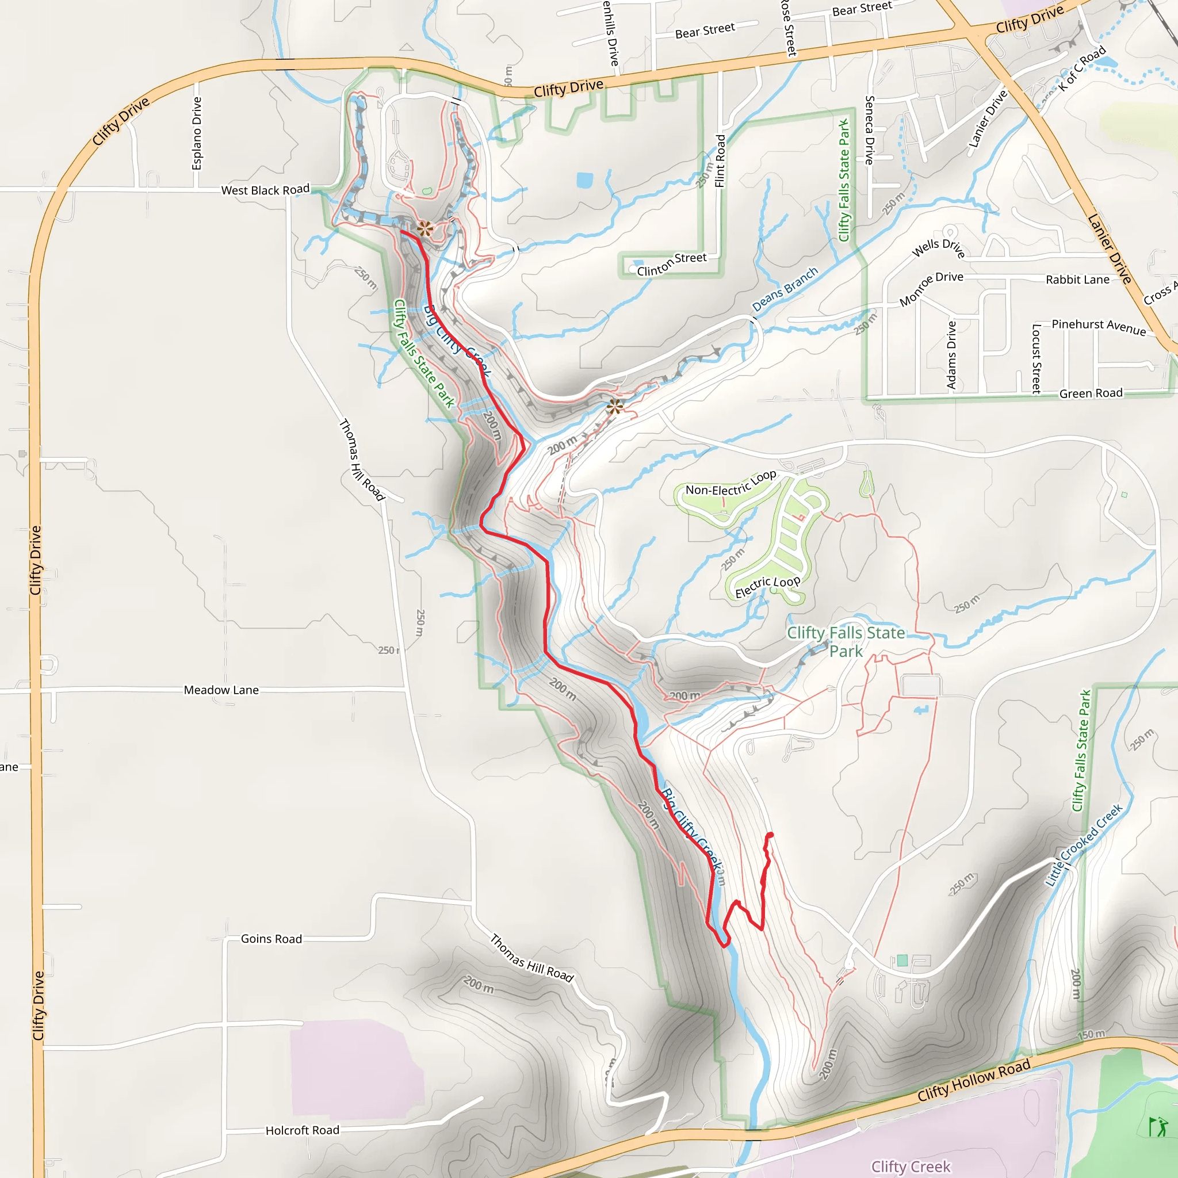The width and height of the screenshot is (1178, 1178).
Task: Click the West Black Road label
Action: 265,190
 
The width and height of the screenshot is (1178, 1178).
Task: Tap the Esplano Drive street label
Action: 196,133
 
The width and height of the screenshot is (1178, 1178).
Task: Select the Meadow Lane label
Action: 221,690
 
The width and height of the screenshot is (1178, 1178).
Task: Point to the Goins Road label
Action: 271,938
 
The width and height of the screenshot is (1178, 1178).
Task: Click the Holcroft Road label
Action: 303,1130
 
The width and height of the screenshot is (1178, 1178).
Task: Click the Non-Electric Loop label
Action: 730,483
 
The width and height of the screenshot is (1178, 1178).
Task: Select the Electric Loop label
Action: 767,586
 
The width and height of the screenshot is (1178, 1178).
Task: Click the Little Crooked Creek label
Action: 1084,845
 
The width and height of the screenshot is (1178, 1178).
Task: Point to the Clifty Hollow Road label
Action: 974,1080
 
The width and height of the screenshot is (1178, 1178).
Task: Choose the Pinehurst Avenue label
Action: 1099,326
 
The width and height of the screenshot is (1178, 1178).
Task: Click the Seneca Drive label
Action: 870,130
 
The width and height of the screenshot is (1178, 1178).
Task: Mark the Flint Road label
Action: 720,161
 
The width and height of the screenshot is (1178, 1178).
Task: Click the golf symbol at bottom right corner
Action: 1157,1126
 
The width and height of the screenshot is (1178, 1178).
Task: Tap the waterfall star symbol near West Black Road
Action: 425,230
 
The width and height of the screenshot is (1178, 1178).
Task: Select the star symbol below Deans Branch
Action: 615,406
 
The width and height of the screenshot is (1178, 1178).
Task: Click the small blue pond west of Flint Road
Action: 584,180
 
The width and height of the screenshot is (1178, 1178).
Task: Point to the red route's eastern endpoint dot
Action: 771,835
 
